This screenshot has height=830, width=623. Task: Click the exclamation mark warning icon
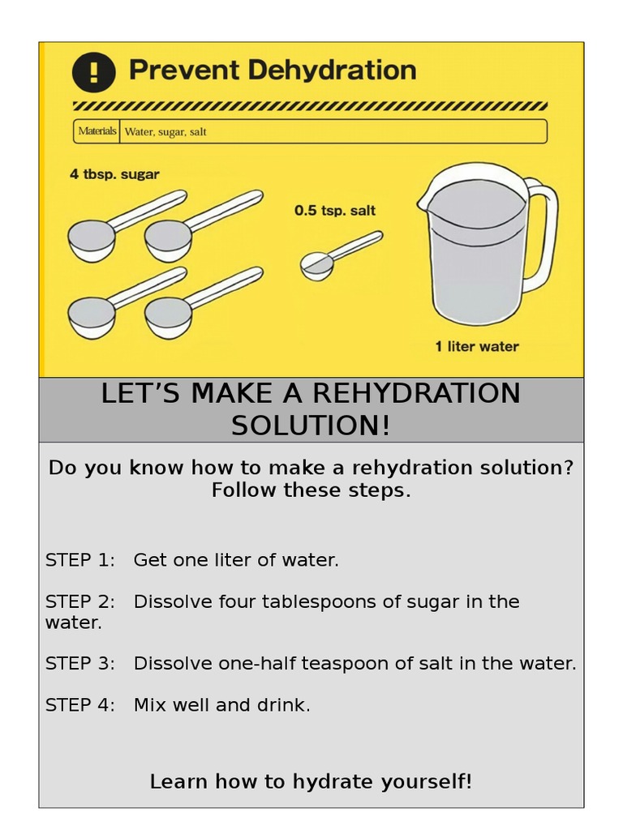[93, 71]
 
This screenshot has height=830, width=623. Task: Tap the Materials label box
[97, 131]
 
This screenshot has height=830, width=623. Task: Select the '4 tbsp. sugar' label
[114, 174]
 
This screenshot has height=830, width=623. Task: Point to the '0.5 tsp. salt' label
[335, 211]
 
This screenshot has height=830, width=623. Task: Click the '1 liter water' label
[477, 347]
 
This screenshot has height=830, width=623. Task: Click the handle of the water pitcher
[544, 235]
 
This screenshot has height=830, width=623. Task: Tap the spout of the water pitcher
[427, 195]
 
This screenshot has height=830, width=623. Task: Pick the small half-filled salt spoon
[317, 265]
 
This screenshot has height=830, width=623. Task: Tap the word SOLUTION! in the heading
[311, 426]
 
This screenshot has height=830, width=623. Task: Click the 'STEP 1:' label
[80, 560]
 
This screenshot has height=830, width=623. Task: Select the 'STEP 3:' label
[80, 664]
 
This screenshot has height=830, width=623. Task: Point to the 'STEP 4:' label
[80, 705]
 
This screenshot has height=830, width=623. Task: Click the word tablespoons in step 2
[286, 602]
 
